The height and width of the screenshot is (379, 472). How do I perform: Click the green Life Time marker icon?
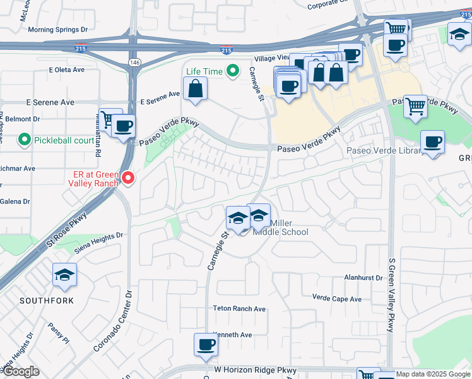coord(233,71)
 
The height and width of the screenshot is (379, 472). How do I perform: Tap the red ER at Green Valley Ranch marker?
coord(128,179)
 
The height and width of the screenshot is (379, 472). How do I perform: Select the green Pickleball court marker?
coord(25,138)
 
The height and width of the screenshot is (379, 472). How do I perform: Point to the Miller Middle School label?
coord(281,227)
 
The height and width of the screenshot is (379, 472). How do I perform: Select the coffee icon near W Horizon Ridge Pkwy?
coord(206,345)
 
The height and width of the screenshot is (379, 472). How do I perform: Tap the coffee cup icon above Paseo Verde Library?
coord(432,142)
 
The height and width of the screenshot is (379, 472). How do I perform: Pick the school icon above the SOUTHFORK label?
coord(64,275)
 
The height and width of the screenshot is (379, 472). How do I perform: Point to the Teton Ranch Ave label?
coord(237,309)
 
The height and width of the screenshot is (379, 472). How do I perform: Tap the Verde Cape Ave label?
coord(337,298)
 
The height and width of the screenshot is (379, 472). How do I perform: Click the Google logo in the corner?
coord(21,372)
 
